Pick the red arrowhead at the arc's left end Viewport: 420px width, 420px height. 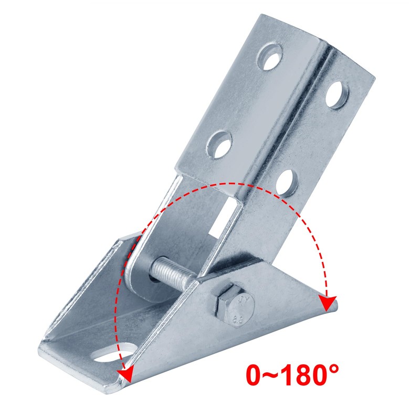click(124, 374)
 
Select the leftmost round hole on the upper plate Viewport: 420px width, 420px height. click(218, 142)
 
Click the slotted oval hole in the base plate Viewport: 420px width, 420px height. click(113, 352)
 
